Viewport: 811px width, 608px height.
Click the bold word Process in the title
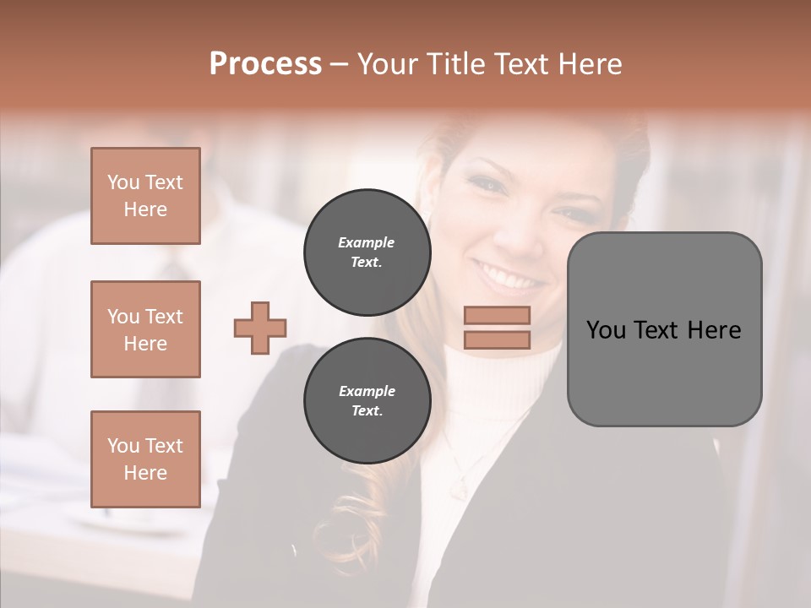[x=265, y=63]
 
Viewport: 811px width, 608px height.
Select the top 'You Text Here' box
[x=145, y=196]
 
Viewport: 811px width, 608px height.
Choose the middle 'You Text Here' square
[x=145, y=329]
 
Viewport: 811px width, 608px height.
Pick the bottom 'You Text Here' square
[x=145, y=459]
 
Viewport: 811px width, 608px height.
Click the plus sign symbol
[x=260, y=328]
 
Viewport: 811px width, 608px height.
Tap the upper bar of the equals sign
[x=497, y=315]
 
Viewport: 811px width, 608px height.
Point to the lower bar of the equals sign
[x=497, y=339]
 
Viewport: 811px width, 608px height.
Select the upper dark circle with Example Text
[x=367, y=252]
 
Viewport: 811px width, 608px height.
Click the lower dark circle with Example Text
[x=367, y=400]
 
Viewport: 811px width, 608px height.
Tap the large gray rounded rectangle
[x=664, y=329]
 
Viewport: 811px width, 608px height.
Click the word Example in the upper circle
[x=367, y=242]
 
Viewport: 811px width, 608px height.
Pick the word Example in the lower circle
[x=367, y=391]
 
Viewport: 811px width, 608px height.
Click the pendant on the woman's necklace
[x=459, y=488]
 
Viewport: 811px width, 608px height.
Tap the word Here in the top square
[x=145, y=209]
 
